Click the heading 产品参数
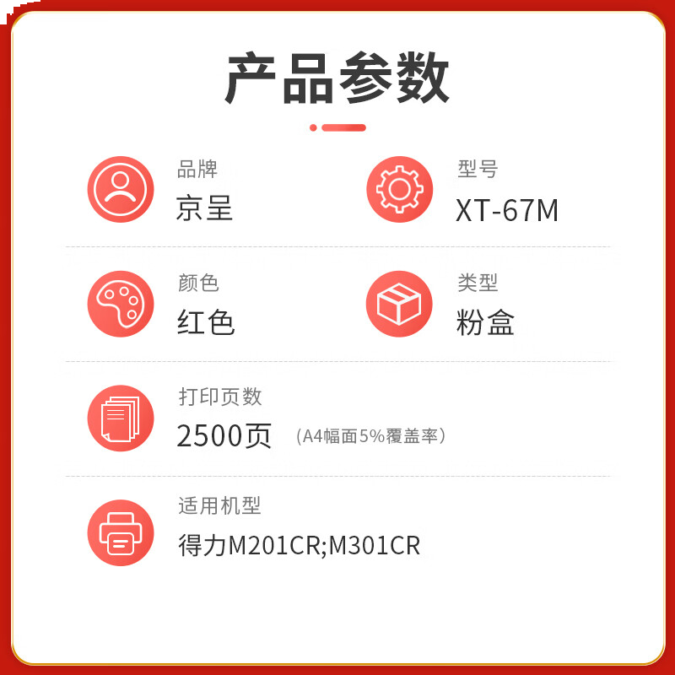[337, 78]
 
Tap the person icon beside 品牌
[121, 190]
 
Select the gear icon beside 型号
[399, 190]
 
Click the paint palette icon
[121, 304]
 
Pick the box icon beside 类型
[399, 304]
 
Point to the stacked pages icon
[121, 418]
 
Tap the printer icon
[121, 532]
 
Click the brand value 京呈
[205, 208]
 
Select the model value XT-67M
[507, 210]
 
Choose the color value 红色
[206, 322]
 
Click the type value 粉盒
[485, 322]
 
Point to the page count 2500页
[224, 435]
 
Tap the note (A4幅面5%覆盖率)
[371, 436]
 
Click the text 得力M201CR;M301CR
[299, 545]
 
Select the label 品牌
[197, 169]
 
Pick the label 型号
[478, 169]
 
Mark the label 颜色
[198, 283]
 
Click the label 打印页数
[220, 396]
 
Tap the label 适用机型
[219, 505]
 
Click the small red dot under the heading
[313, 127]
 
